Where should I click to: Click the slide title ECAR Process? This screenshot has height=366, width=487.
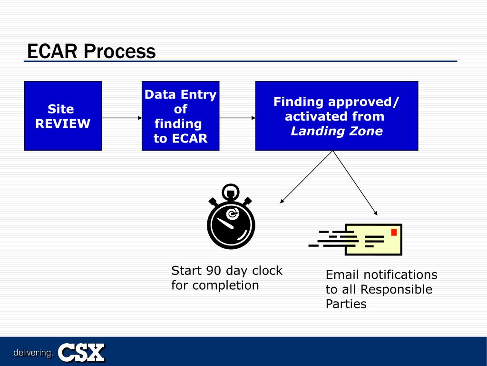coord(91,51)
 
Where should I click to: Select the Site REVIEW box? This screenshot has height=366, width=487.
coord(63,116)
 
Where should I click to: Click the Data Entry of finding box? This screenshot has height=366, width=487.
coord(180,116)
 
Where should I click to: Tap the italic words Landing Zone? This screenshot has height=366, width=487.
coord(336,132)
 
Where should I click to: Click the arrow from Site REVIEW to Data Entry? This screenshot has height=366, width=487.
coord(122,117)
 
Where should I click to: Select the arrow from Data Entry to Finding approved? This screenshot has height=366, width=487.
coord(237,117)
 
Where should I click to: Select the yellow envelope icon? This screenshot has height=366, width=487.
coord(373,239)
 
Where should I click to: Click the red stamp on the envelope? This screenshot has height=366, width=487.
coord(394,232)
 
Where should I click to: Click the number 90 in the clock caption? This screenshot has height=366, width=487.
coord(214,271)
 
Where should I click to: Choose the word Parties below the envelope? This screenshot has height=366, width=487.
coord(346,304)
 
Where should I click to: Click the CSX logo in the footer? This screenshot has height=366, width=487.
coord(81,353)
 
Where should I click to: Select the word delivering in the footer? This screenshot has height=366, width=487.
coord(33,353)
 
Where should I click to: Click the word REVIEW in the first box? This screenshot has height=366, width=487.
coord(63,124)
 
